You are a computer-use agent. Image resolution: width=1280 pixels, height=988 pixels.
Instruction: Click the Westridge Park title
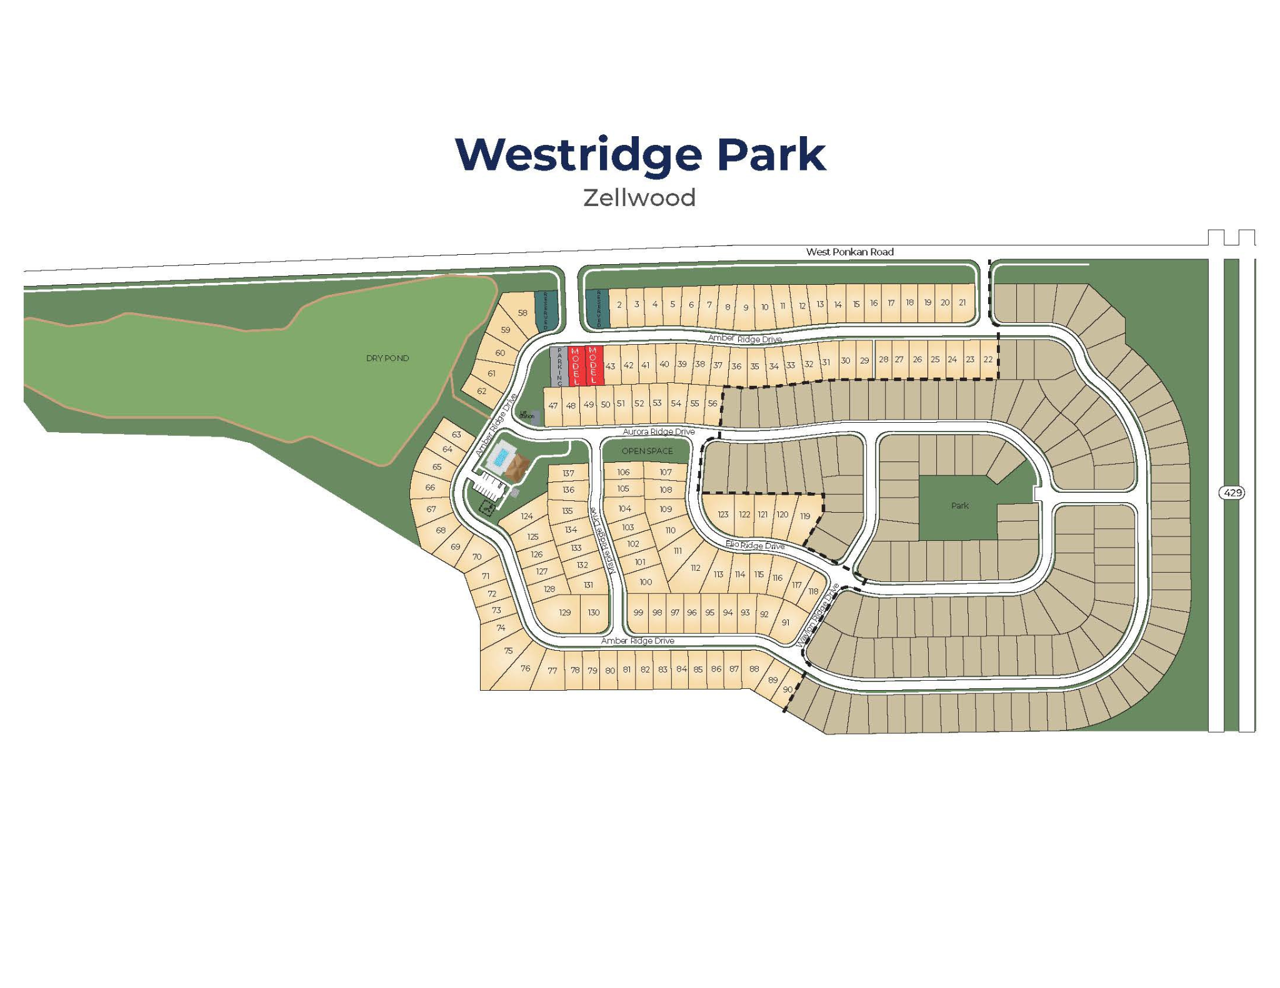(640, 154)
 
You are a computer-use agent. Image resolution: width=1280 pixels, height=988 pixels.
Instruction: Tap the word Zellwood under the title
(639, 198)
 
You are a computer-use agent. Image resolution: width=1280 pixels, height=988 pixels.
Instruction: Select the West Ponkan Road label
(849, 252)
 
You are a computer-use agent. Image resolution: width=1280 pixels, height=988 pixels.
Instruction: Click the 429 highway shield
(1232, 493)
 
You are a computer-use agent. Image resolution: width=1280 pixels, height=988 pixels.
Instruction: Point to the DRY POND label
(387, 358)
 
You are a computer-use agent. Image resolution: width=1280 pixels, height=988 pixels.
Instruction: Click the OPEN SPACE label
(647, 451)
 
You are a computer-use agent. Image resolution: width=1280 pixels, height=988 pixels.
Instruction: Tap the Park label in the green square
(959, 505)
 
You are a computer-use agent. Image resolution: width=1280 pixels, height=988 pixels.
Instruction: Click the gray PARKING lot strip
(559, 366)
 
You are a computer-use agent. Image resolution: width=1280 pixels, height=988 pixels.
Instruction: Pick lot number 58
(522, 313)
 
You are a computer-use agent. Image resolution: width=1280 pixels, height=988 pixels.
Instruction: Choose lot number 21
(962, 302)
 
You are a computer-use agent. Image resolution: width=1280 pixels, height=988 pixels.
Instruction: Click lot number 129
(564, 613)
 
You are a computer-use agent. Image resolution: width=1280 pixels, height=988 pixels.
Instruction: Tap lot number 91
(785, 622)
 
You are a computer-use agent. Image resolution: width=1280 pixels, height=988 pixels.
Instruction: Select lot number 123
(722, 515)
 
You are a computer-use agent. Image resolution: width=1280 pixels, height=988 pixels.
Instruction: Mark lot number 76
(525, 668)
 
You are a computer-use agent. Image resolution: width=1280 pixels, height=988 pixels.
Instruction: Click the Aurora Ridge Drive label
(658, 432)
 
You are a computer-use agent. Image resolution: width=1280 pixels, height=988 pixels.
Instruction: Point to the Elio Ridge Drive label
(754, 545)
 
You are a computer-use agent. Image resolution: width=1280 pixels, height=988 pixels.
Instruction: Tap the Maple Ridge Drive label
(604, 541)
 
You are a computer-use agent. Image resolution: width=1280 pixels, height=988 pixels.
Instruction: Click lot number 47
(552, 405)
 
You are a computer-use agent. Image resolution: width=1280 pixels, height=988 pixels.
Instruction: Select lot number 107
(665, 472)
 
